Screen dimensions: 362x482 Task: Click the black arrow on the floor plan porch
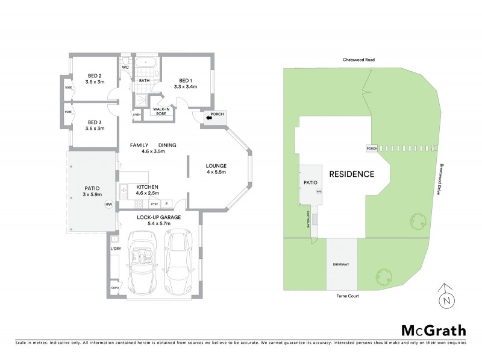coord(209,118)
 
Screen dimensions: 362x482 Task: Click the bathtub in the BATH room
coord(145,63)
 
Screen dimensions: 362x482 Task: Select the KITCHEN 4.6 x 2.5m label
coord(147,190)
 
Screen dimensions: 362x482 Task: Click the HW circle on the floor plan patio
coord(109,205)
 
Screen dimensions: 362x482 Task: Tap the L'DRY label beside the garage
coord(116,249)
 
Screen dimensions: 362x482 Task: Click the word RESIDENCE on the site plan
coord(352,174)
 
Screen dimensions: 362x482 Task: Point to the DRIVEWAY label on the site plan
coord(342,265)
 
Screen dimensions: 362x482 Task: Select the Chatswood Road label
coord(354,60)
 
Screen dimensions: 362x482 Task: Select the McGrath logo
coord(433,330)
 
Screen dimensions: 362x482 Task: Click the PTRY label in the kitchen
coord(154,203)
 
